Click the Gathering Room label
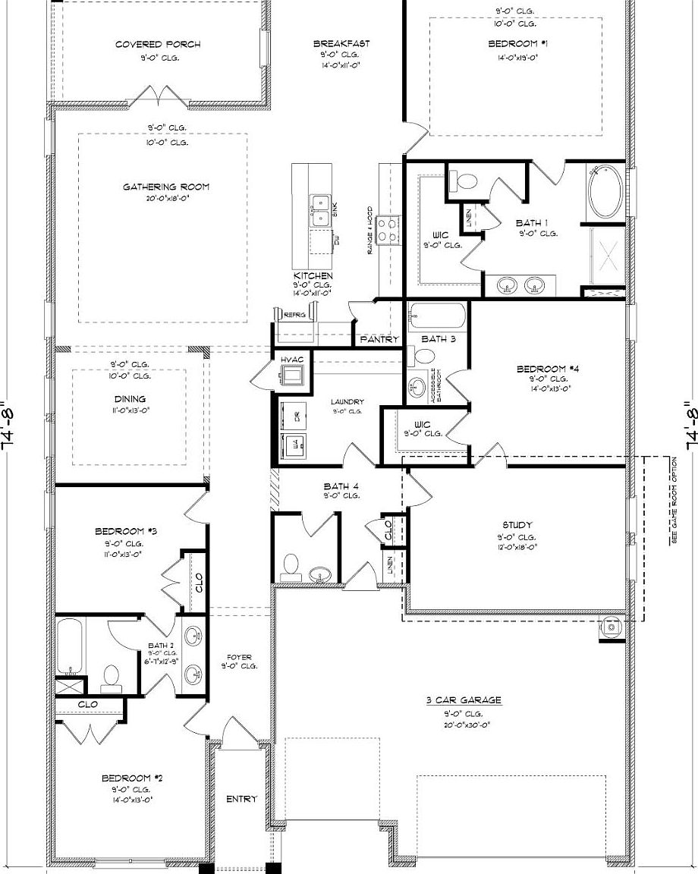click(166, 187)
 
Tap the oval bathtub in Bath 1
click(605, 192)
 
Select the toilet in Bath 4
click(291, 566)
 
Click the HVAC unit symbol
click(291, 374)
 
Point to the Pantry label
click(379, 339)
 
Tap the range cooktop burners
click(387, 228)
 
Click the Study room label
click(517, 525)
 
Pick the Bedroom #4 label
click(548, 369)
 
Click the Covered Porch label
click(158, 45)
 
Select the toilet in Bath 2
click(112, 677)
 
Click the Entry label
click(241, 799)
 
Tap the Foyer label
click(239, 657)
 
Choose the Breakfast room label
click(341, 44)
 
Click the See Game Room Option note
click(674, 501)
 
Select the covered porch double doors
click(156, 97)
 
